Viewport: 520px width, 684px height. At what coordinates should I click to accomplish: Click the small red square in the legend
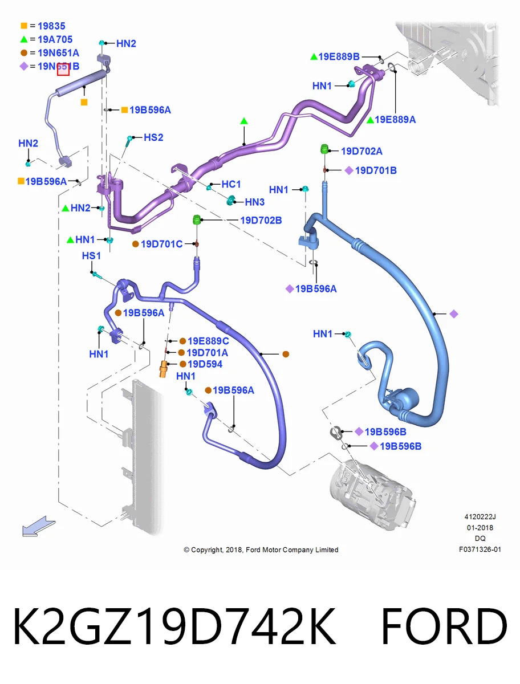pyautogui.click(x=63, y=70)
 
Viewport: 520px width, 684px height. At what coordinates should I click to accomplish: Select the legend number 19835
pyautogui.click(x=51, y=26)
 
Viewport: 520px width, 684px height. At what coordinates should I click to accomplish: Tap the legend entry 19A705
pyautogui.click(x=55, y=39)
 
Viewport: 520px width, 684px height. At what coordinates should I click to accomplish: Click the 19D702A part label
pyautogui.click(x=361, y=151)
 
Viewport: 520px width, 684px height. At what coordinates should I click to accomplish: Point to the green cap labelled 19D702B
pyautogui.click(x=196, y=219)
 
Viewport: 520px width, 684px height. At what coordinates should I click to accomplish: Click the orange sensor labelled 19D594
pyautogui.click(x=163, y=369)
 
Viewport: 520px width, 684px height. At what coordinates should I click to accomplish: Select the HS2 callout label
pyautogui.click(x=153, y=137)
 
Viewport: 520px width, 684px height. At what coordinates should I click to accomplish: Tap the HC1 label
pyautogui.click(x=231, y=184)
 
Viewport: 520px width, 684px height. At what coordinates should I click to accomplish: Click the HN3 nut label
pyautogui.click(x=254, y=202)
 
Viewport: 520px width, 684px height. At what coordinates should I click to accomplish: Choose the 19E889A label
pyautogui.click(x=395, y=119)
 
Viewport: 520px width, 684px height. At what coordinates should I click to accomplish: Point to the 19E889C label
pyautogui.click(x=208, y=341)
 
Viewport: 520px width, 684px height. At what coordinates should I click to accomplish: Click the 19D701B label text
pyautogui.click(x=376, y=170)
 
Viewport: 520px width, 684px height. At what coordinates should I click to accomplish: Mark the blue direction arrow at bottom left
pyautogui.click(x=39, y=526)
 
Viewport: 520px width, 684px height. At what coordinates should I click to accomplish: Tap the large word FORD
pyautogui.click(x=444, y=626)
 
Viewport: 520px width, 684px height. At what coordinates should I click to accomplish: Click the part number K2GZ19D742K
pyautogui.click(x=174, y=626)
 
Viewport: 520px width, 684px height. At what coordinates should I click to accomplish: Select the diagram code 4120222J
pyautogui.click(x=480, y=516)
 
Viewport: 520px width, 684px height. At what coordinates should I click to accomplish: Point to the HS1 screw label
pyautogui.click(x=91, y=255)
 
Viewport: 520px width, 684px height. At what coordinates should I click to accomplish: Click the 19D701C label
pyautogui.click(x=161, y=244)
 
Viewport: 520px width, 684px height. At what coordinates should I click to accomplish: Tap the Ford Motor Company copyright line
pyautogui.click(x=261, y=549)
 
